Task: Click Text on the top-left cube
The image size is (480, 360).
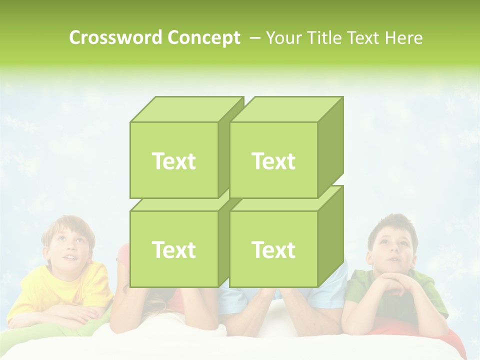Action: (x=174, y=161)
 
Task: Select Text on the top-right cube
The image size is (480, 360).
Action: (x=273, y=161)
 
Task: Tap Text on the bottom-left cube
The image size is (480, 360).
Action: (x=174, y=249)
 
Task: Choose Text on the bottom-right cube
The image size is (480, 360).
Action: (x=273, y=249)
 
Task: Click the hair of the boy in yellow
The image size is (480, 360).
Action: (x=67, y=224)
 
